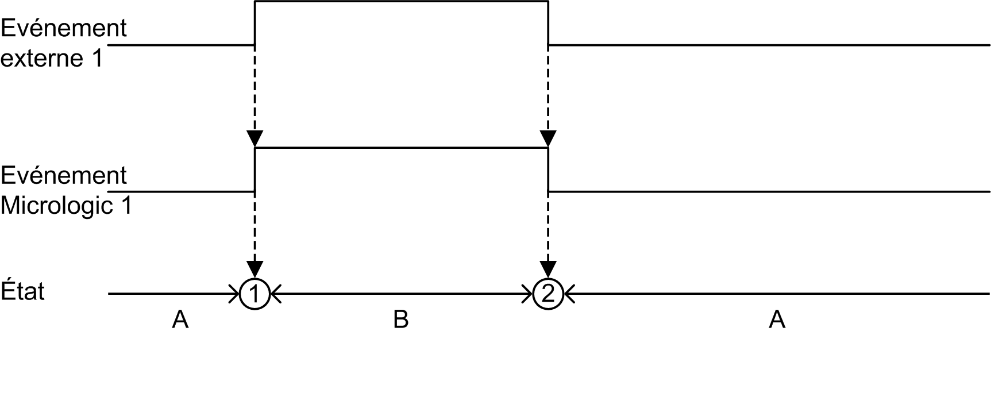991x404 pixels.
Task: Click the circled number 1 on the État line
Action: [x=255, y=294]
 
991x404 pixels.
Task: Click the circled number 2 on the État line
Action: [x=548, y=294]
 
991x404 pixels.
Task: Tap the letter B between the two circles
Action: [x=401, y=319]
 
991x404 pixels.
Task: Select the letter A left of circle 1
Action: [x=180, y=319]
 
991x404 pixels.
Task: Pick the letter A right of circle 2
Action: [x=777, y=319]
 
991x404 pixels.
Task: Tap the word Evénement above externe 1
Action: [x=64, y=28]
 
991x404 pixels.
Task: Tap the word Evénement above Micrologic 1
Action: [x=64, y=175]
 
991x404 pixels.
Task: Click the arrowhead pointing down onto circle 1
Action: [x=255, y=270]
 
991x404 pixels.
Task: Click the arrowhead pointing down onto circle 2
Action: [x=549, y=270]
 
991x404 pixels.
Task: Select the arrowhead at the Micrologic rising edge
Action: [x=255, y=139]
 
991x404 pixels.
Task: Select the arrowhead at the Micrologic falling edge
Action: [x=549, y=139]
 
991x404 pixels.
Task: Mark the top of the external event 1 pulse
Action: [x=402, y=2]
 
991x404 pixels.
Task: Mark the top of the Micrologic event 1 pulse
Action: [x=402, y=148]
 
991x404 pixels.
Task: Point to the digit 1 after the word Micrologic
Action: [x=126, y=205]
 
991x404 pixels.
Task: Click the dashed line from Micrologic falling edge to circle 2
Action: [x=549, y=226]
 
